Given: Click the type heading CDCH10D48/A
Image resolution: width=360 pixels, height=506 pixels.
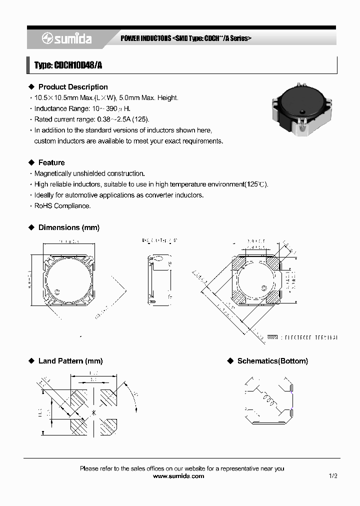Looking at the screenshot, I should click(68, 65).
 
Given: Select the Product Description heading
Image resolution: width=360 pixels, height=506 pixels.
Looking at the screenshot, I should click(73, 87).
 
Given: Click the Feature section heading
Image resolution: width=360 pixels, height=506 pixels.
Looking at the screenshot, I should click(51, 162).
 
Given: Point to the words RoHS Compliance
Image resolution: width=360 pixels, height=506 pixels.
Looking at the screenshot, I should click(62, 206).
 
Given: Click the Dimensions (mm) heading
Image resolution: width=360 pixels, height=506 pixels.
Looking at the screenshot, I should click(69, 227).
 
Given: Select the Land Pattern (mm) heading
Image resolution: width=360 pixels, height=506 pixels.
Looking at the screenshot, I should click(70, 361).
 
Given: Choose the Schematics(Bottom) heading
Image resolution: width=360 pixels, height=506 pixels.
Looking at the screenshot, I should click(272, 361).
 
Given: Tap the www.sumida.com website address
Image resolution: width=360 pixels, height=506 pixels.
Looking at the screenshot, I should click(178, 476).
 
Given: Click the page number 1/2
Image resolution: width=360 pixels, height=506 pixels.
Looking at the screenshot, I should click(333, 476).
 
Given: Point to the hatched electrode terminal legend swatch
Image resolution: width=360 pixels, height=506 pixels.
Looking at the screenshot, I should click(273, 337).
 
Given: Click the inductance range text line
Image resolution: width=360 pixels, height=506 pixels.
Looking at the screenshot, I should click(83, 108).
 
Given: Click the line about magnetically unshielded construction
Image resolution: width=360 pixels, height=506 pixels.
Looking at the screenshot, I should click(89, 173).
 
